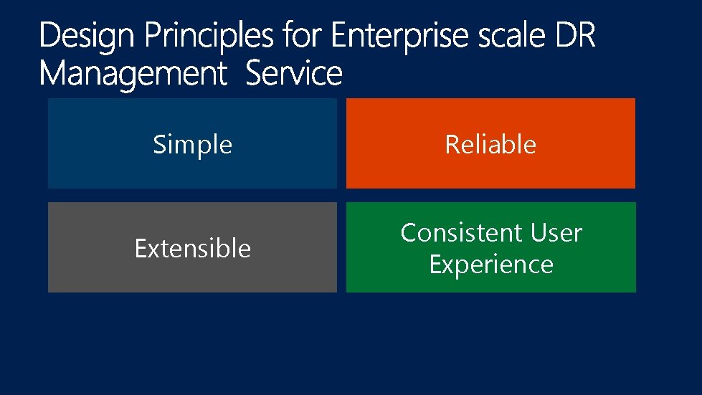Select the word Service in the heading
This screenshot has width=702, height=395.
(x=294, y=74)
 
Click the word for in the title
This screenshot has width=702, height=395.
(x=301, y=36)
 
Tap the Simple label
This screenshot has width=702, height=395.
(x=192, y=145)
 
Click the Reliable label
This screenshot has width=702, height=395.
(x=490, y=145)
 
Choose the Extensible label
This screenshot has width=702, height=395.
(x=192, y=249)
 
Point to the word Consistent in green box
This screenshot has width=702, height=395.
(x=452, y=233)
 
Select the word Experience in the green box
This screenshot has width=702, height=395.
(x=491, y=265)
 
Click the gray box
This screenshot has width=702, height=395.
(x=192, y=276)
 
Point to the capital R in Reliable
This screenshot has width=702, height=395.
(x=451, y=145)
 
